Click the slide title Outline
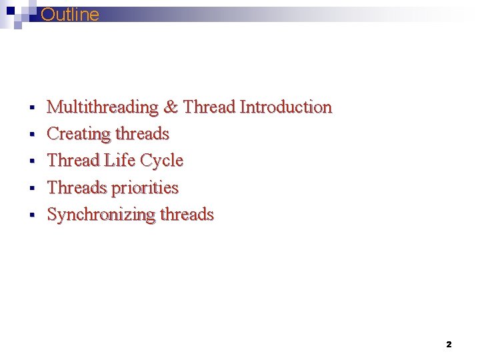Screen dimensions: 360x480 click(70, 15)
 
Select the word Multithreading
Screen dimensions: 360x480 click(103, 107)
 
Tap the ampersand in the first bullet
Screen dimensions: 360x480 click(171, 107)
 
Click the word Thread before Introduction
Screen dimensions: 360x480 click(209, 107)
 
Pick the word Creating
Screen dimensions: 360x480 click(78, 134)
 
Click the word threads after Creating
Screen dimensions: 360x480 click(141, 134)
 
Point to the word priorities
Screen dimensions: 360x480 click(145, 188)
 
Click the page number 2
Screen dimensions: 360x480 click(448, 345)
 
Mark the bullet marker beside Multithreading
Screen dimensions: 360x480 click(31, 107)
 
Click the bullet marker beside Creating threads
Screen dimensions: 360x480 click(31, 135)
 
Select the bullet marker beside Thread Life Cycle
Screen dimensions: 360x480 click(31, 161)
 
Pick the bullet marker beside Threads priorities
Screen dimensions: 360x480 click(31, 189)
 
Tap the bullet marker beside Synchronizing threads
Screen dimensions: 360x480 click(31, 215)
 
